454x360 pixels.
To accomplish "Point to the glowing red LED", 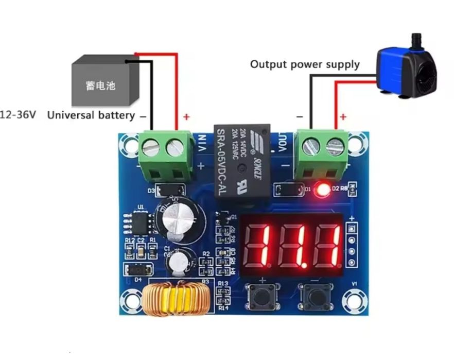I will tap(323, 190).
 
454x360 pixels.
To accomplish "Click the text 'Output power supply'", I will tap(305, 64).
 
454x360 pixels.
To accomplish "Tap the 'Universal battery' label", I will tap(91, 115).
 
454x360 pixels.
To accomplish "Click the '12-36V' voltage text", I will tap(19, 115).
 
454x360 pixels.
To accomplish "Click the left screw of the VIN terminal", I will tap(150, 148).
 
